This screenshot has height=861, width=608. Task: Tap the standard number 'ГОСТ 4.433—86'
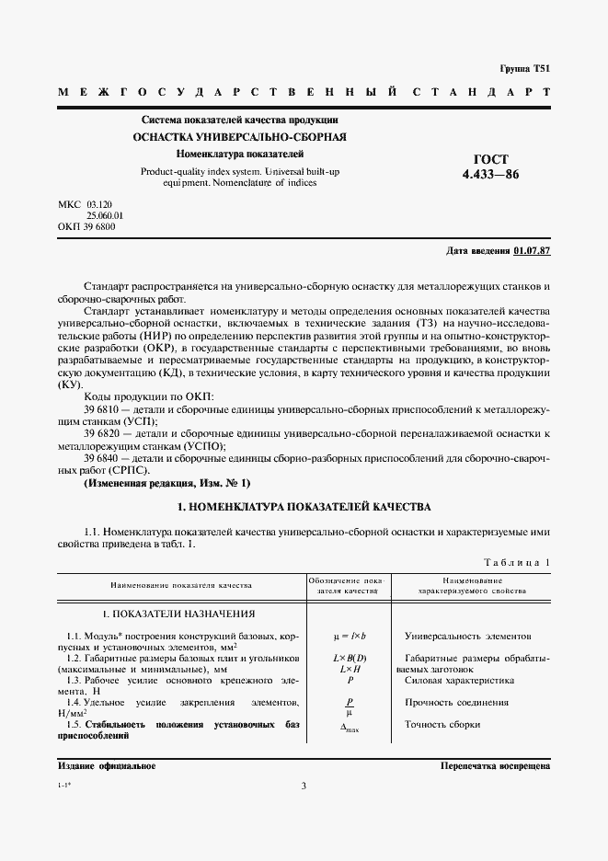click(x=498, y=166)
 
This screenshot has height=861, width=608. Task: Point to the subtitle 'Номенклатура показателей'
click(x=240, y=154)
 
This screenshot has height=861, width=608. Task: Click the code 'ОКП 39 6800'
click(x=86, y=226)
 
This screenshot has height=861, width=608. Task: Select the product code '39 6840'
click(x=101, y=457)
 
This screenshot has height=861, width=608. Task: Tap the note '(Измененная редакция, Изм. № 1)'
click(x=166, y=483)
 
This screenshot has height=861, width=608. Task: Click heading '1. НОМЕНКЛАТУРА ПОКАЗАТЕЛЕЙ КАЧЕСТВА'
click(x=303, y=507)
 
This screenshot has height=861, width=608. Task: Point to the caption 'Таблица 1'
click(x=517, y=561)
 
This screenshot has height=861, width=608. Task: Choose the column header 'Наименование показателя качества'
click(x=181, y=584)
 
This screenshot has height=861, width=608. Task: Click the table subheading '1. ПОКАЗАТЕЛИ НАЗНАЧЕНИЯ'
click(x=178, y=614)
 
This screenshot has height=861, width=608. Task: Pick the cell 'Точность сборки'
click(x=442, y=724)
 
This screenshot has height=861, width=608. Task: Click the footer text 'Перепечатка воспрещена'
click(x=495, y=765)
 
